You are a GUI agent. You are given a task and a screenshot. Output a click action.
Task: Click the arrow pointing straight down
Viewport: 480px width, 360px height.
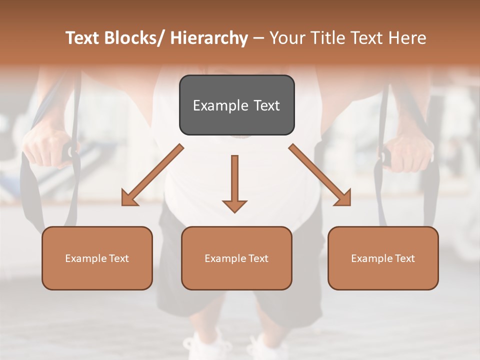click(x=234, y=182)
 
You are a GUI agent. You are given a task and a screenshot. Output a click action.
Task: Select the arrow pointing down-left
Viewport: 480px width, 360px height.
click(x=152, y=175)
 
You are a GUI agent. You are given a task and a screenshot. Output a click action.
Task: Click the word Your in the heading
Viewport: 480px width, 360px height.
click(x=286, y=38)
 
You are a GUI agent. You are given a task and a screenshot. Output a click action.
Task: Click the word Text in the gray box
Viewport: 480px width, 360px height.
click(x=266, y=105)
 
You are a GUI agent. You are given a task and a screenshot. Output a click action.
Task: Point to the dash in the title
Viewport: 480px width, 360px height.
click(x=258, y=38)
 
